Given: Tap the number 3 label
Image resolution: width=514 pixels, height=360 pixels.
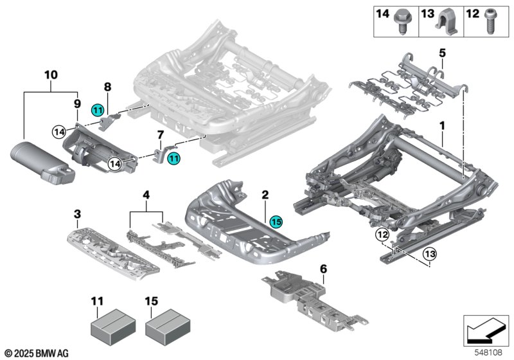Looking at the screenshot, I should coord(77,213).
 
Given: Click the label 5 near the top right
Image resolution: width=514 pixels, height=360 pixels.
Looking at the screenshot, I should coord(442,51).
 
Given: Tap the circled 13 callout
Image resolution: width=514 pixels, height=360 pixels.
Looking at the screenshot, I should coord(429,255).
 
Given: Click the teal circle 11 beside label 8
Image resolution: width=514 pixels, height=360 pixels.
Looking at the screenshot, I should coord(97,110).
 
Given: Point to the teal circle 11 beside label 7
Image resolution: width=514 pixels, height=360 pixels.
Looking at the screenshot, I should coord(174,157).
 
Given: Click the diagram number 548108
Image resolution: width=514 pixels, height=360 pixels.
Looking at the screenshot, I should coord(490,352).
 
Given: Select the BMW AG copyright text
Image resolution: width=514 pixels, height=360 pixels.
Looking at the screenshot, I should coord(35,352).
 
